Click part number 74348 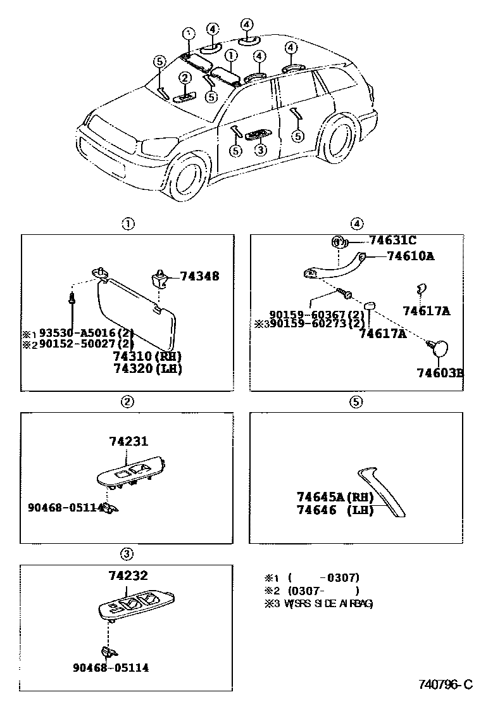199,276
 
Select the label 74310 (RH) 147,356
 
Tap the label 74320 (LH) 147,368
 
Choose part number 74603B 439,372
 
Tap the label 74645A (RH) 335,497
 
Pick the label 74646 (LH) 335,510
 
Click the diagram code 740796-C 445,684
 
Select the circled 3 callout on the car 258,150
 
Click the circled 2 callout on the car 185,78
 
